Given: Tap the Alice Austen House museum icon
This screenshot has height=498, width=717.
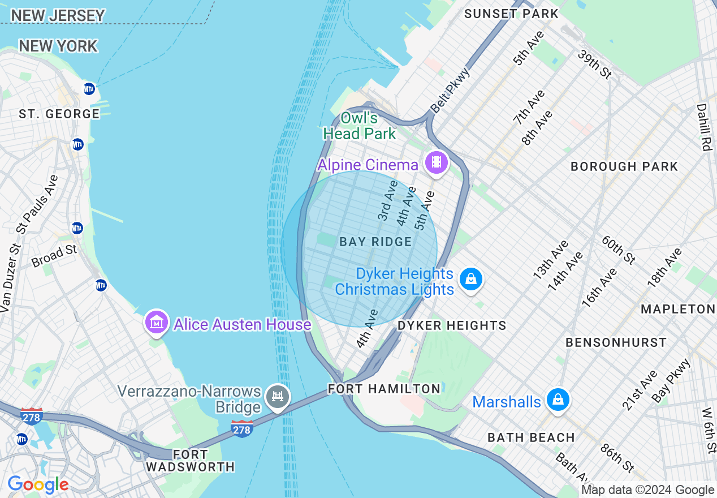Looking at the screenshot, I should pos(157,323).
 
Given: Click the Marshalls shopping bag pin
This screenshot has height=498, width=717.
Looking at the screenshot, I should pos(558,400).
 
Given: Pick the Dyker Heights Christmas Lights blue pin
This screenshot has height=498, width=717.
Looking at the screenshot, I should pos(470,279).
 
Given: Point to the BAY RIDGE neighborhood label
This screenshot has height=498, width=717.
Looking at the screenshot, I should pos(375,242).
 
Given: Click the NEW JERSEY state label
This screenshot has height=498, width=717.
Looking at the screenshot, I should pos(58,16).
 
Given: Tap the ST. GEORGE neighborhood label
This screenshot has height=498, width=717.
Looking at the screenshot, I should pos(59,114).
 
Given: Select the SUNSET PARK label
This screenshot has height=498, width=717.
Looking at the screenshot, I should pos(511,14).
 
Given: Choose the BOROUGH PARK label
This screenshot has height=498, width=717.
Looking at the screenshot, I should pos(624,166).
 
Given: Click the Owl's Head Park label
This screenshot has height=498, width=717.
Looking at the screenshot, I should pos(359,126).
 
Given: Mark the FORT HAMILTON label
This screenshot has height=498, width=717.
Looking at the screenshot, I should pos(384,389).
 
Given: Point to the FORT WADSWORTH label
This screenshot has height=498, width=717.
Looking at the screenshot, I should pos(190,461).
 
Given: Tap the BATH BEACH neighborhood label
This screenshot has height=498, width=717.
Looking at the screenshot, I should pos(531,437).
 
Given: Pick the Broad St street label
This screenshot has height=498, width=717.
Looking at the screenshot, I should pos(54,256).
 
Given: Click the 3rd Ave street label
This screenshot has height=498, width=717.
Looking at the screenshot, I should pos(388,201).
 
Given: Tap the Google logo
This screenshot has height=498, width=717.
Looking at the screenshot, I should pos(38,485).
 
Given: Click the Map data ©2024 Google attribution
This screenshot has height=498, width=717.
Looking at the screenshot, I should pos(648,490).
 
